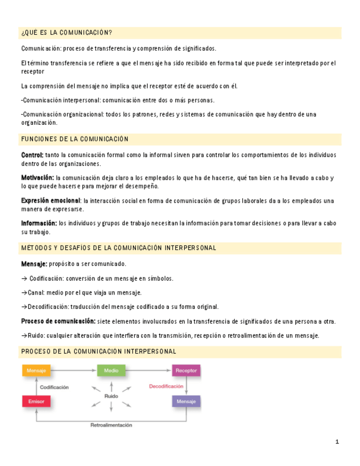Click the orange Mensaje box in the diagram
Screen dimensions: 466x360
point(36,371)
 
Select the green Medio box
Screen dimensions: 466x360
point(111,371)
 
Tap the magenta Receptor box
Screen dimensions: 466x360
point(186,371)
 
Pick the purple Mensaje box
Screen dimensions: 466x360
point(186,402)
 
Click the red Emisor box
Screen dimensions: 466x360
point(36,402)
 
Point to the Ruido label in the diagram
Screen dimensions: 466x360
point(111,396)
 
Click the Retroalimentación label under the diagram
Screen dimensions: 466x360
point(111,425)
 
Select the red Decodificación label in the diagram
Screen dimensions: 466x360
point(166,386)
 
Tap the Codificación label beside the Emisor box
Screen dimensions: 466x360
point(54,387)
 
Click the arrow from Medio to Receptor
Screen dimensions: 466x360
point(148,371)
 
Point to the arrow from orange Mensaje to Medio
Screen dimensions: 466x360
point(74,371)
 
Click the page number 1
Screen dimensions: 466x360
point(337,442)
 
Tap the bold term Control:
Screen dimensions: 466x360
point(32,155)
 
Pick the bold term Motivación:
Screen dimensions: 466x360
point(37,177)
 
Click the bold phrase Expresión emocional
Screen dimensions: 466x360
point(51,201)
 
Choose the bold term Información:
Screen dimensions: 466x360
point(39,223)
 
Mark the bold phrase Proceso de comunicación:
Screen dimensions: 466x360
point(58,321)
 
